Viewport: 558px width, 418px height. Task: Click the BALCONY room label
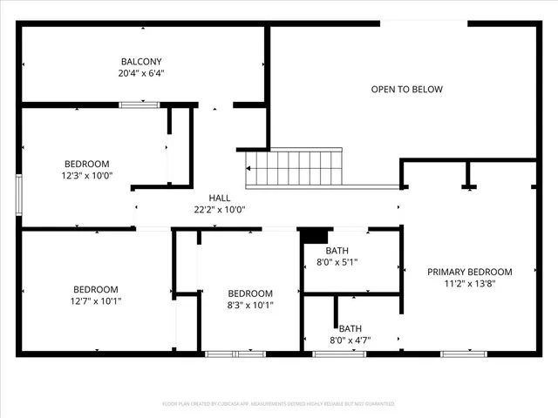141,62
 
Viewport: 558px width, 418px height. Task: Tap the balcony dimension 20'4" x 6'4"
141,74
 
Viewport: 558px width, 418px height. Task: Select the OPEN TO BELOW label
406,89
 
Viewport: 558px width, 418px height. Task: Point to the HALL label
220,198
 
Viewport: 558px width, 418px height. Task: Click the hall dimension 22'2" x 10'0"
220,209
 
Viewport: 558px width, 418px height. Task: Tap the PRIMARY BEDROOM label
469,272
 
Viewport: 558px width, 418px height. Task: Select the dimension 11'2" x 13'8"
469,284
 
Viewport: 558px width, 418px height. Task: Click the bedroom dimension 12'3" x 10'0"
87,175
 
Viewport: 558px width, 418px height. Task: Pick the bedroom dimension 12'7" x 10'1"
95,301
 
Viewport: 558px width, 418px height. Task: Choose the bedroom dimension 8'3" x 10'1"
250,306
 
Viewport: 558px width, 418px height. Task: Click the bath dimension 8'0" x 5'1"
337,261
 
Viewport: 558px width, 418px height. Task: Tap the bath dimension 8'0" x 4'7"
337,340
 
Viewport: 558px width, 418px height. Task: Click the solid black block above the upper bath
314,235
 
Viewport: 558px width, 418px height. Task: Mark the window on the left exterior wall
18,193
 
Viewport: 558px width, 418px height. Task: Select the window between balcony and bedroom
139,104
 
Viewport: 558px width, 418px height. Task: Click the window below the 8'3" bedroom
235,354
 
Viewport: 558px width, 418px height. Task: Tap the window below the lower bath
339,354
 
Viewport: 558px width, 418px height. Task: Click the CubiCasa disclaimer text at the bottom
279,404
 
